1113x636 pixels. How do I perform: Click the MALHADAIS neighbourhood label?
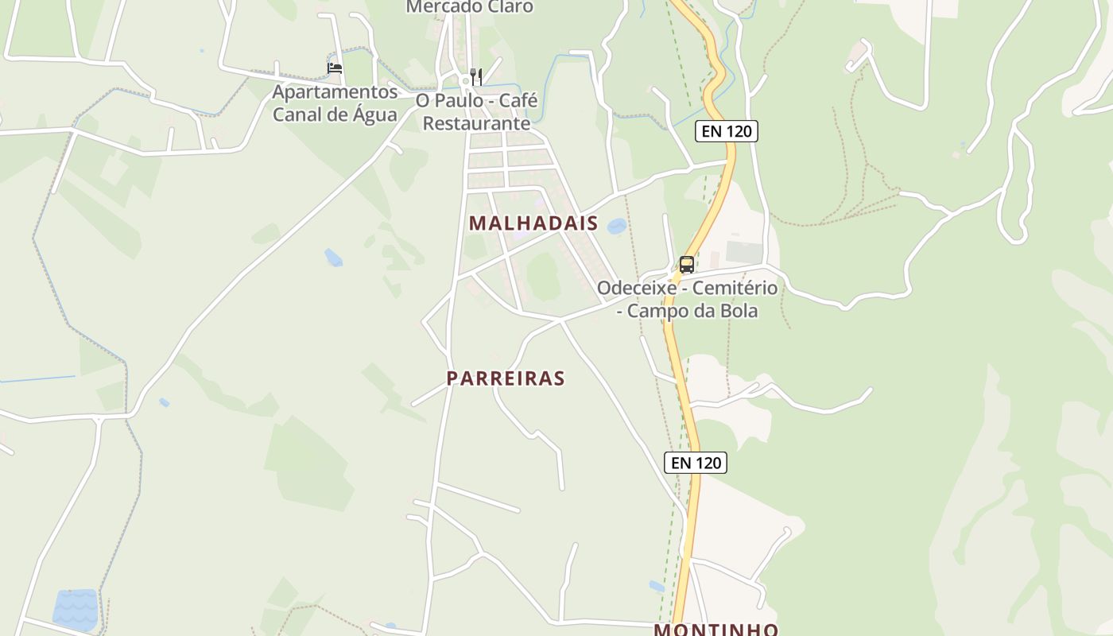point(533,223)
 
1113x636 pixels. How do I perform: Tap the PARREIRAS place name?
point(506,378)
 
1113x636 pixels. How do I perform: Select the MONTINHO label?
point(715,630)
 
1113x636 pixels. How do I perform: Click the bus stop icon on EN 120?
point(687,265)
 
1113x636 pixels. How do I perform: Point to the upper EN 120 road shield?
point(727,131)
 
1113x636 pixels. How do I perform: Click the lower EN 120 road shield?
point(696,462)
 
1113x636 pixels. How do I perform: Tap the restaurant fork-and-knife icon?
point(476,76)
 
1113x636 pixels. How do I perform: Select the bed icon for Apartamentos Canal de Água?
point(335,68)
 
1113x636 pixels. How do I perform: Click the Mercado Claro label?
point(469,7)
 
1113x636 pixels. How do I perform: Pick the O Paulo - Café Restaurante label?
point(476,112)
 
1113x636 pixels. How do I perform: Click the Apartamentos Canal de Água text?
point(335,103)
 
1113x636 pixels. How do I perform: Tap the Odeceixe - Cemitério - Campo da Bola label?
point(687,299)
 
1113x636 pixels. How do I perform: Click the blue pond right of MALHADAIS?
point(616,227)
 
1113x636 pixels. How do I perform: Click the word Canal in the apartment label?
point(297,114)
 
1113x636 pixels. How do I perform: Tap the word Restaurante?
point(476,123)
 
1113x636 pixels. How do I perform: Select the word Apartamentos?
point(335,92)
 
